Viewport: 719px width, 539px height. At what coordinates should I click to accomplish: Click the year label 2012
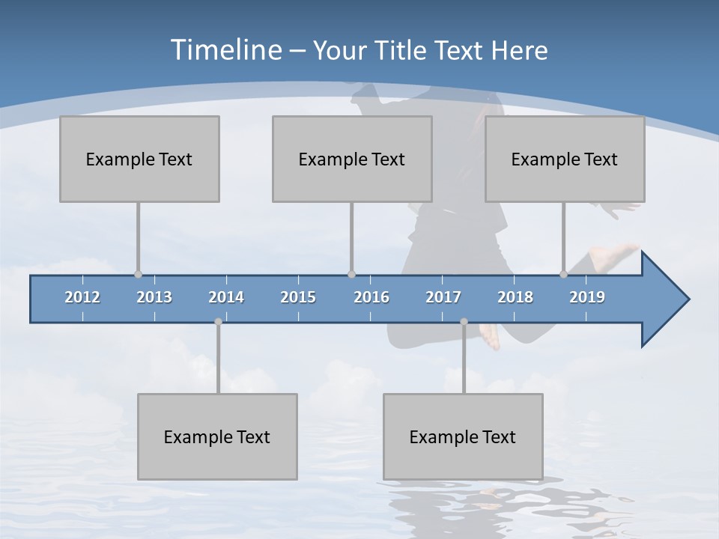[82, 298]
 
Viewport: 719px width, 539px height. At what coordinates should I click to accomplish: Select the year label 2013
[154, 298]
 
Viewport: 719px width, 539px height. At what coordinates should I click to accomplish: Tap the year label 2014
[226, 298]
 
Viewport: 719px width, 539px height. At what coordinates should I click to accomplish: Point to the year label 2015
[298, 298]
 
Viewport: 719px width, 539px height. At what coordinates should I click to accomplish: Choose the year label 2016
[371, 298]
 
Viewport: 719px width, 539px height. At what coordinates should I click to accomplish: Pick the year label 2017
[443, 298]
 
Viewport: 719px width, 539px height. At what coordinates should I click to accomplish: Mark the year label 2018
[515, 298]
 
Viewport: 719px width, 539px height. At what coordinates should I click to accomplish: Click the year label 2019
[587, 298]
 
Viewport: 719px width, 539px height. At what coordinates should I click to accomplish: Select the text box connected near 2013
[139, 159]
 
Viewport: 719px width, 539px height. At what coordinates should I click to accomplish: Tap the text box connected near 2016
[352, 159]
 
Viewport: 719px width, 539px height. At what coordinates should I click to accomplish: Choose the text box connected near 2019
[565, 159]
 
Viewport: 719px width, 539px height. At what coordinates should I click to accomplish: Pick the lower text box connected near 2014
[217, 436]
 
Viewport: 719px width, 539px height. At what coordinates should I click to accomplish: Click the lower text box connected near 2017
[463, 436]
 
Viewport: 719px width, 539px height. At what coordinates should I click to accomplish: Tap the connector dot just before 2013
[138, 275]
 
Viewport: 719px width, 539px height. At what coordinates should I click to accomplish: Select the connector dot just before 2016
[351, 275]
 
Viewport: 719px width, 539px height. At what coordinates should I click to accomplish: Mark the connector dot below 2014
[218, 322]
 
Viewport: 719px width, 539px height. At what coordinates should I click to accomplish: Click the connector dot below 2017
[464, 322]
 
